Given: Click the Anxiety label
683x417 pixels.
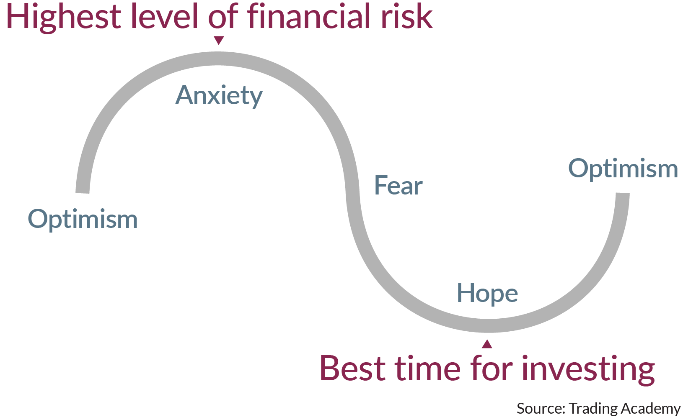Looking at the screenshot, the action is click(219, 96).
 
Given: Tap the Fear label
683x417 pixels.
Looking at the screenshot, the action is click(398, 185).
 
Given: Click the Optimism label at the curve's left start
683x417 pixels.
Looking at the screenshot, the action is click(83, 219).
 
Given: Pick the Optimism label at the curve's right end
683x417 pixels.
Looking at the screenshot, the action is click(623, 169).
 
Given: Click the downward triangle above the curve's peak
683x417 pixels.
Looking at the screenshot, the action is click(219, 40).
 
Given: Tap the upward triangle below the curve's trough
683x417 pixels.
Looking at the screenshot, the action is click(487, 344).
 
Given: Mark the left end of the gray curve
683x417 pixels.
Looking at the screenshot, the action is click(82, 193).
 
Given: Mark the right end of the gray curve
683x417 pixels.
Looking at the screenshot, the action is click(623, 193).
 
